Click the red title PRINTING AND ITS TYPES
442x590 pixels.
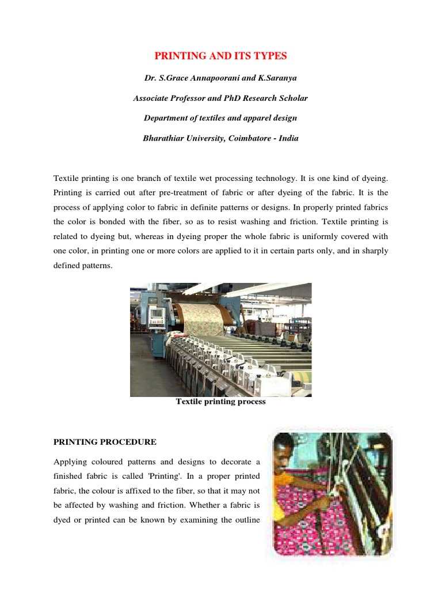[x=220, y=56]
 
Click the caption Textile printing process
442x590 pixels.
[x=220, y=402]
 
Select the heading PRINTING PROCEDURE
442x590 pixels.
[x=105, y=442]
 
